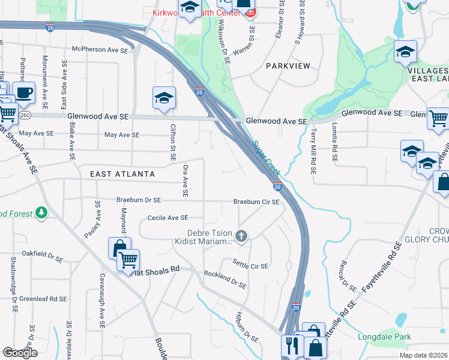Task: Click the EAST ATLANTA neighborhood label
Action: (122, 174)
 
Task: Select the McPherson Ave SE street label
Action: (100, 50)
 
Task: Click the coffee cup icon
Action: (24, 92)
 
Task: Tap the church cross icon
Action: (241, 235)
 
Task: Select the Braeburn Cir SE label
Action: (256, 202)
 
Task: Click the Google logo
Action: (20, 353)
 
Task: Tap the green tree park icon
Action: (41, 213)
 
